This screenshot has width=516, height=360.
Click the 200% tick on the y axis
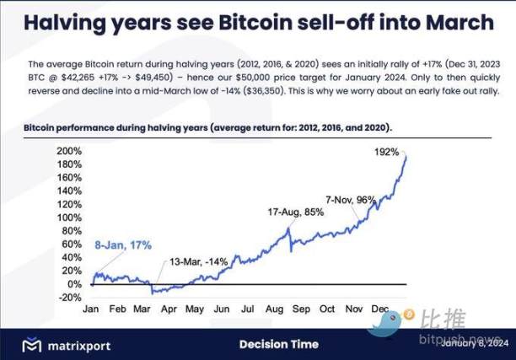click(69, 151)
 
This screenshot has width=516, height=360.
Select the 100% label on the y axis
click(69, 217)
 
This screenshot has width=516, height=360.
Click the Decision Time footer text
click(278, 344)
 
